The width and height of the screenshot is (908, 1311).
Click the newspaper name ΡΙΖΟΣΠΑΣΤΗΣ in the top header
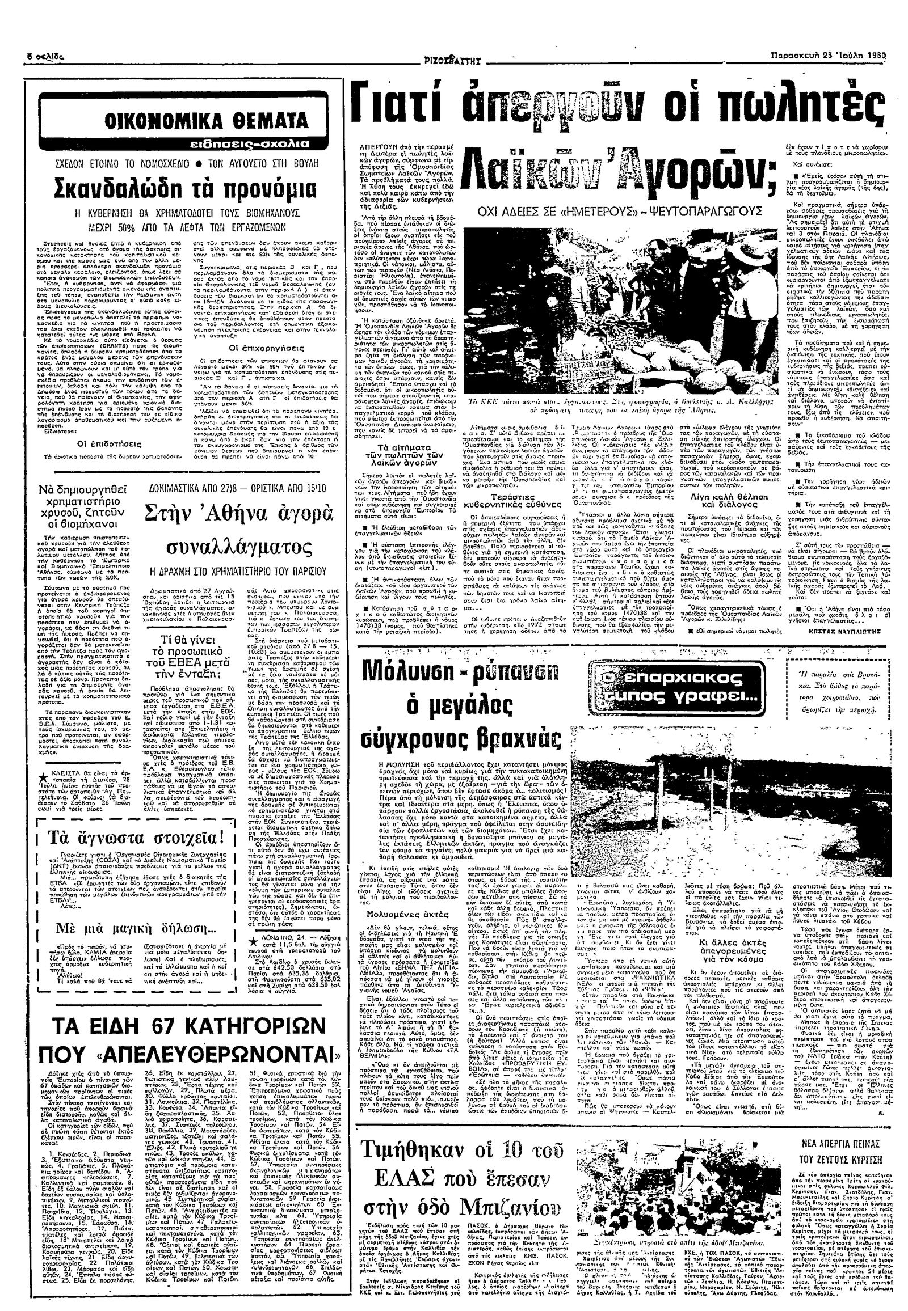click(453, 58)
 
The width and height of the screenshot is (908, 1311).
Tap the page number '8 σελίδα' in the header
click(46, 58)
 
